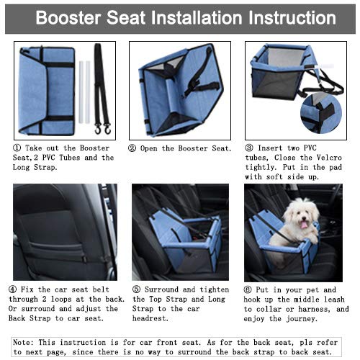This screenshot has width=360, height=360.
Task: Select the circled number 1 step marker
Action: (17, 148)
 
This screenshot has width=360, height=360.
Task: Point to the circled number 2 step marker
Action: (133, 148)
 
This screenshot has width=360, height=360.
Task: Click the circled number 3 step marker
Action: (249, 148)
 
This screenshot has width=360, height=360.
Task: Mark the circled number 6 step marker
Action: (249, 290)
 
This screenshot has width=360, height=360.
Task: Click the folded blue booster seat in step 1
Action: (47, 90)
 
